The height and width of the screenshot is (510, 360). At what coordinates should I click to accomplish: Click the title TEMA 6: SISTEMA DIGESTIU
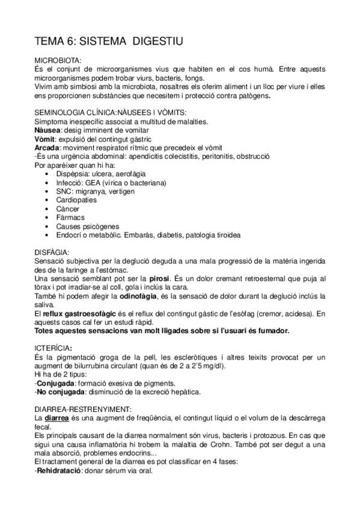pos(108,41)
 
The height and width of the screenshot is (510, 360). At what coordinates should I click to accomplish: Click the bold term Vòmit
pos(46,140)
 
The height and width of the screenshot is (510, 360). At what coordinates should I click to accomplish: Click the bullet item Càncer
pos(68,209)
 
